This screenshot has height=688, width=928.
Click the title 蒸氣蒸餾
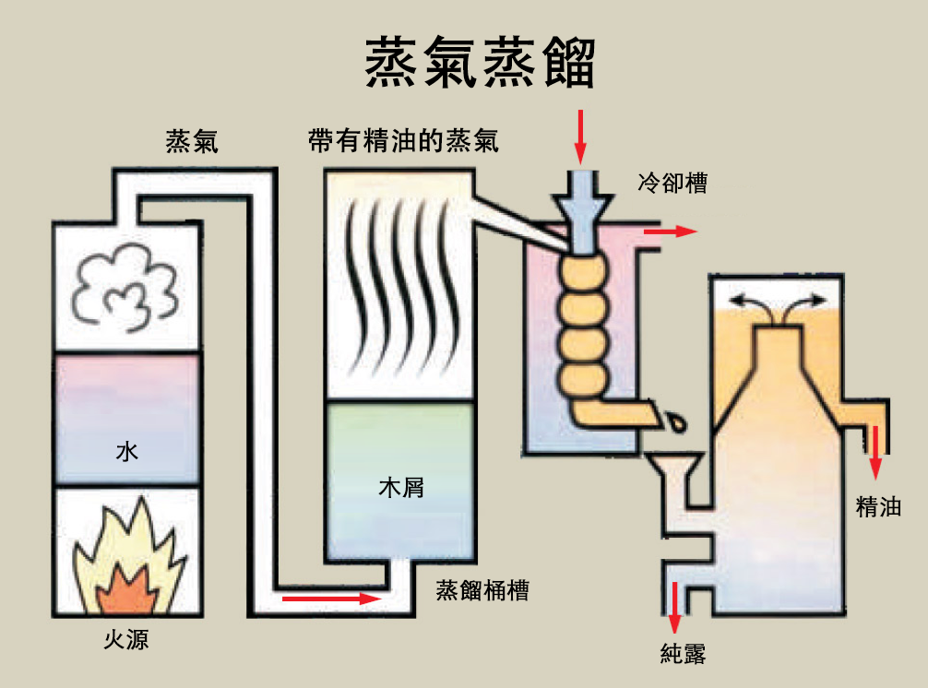[x=480, y=63]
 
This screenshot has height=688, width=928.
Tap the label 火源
[x=125, y=638]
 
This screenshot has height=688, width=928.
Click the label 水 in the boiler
[x=126, y=452]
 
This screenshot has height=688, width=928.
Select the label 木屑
[x=401, y=487]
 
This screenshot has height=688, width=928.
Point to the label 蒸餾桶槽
[x=482, y=590]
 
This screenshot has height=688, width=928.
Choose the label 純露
[x=684, y=655]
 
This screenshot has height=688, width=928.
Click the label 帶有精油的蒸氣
[x=404, y=141]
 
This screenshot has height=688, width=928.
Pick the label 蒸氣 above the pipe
[x=192, y=141]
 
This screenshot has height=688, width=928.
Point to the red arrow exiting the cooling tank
[x=670, y=231]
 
